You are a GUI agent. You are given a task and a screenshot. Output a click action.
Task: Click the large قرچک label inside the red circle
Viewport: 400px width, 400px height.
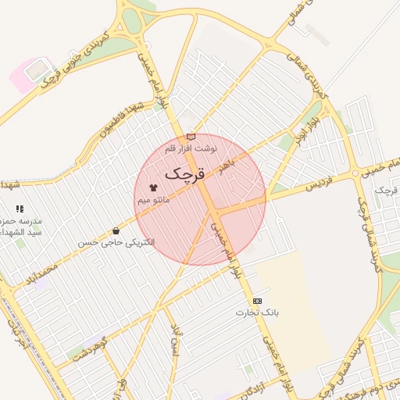[x=184, y=172]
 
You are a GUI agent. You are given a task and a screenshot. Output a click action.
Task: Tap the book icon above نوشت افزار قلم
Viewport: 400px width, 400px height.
[x=191, y=137]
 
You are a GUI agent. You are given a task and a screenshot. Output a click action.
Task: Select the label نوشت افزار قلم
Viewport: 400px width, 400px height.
[x=191, y=148]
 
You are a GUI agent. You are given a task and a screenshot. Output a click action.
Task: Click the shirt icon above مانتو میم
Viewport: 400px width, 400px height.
[x=153, y=188]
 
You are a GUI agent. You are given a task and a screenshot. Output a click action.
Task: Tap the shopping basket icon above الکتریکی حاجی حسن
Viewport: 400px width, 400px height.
[x=116, y=230]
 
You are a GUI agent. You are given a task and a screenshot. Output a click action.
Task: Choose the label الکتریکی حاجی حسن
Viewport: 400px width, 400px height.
[x=116, y=243]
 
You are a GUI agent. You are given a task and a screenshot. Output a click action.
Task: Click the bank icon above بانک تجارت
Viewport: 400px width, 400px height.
[x=258, y=301]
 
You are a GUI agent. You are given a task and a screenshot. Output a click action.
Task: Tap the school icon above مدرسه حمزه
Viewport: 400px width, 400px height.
[x=20, y=209]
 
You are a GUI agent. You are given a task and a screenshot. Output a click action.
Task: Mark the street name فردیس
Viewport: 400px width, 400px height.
[x=318, y=185]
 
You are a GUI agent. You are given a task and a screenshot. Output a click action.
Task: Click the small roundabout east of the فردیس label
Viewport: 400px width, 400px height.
[x=355, y=173]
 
